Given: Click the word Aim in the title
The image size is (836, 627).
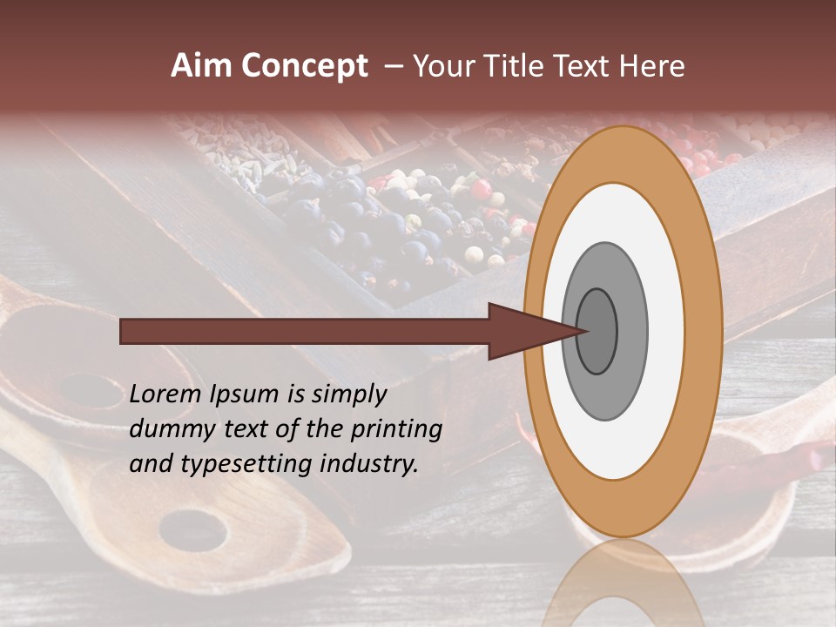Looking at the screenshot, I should (x=201, y=66).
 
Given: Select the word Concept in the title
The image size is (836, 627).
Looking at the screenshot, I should (x=304, y=66).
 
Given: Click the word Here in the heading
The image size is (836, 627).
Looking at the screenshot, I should (x=652, y=66).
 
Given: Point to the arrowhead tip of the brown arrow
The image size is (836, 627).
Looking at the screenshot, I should (x=589, y=331).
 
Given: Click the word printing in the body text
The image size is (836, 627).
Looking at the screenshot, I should (x=397, y=430).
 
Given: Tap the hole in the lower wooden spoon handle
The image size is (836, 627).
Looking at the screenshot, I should (x=192, y=530).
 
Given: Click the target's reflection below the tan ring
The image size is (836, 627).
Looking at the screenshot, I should (x=622, y=579).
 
